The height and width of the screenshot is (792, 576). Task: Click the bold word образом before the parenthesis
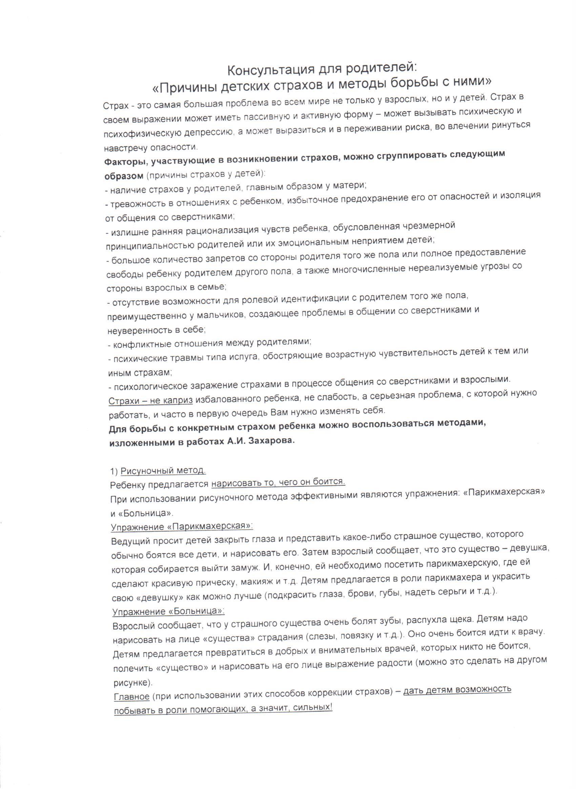tap(124, 176)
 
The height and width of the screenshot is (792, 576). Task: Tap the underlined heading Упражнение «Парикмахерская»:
tap(182, 526)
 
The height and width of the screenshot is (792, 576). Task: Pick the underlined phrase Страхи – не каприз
tap(150, 400)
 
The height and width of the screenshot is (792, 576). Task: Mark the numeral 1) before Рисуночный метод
tap(114, 472)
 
